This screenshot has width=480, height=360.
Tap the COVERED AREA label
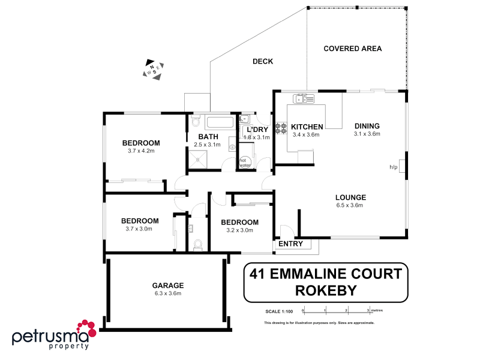[353, 49]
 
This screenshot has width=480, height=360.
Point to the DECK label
[263, 61]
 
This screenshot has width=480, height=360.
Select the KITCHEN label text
[307, 127]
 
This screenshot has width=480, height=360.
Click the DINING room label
[367, 126]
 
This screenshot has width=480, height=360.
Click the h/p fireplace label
[394, 167]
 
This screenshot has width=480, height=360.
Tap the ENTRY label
[290, 244]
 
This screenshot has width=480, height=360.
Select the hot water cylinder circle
[244, 162]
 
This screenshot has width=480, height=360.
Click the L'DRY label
[257, 130]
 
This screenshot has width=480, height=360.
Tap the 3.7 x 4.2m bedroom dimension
[141, 151]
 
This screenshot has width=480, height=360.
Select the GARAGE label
[167, 286]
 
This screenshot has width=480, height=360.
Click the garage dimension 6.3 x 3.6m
[167, 293]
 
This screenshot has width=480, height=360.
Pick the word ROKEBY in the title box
[326, 290]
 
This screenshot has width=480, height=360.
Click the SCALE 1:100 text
[278, 311]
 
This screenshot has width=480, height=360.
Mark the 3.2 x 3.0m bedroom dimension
[239, 230]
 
